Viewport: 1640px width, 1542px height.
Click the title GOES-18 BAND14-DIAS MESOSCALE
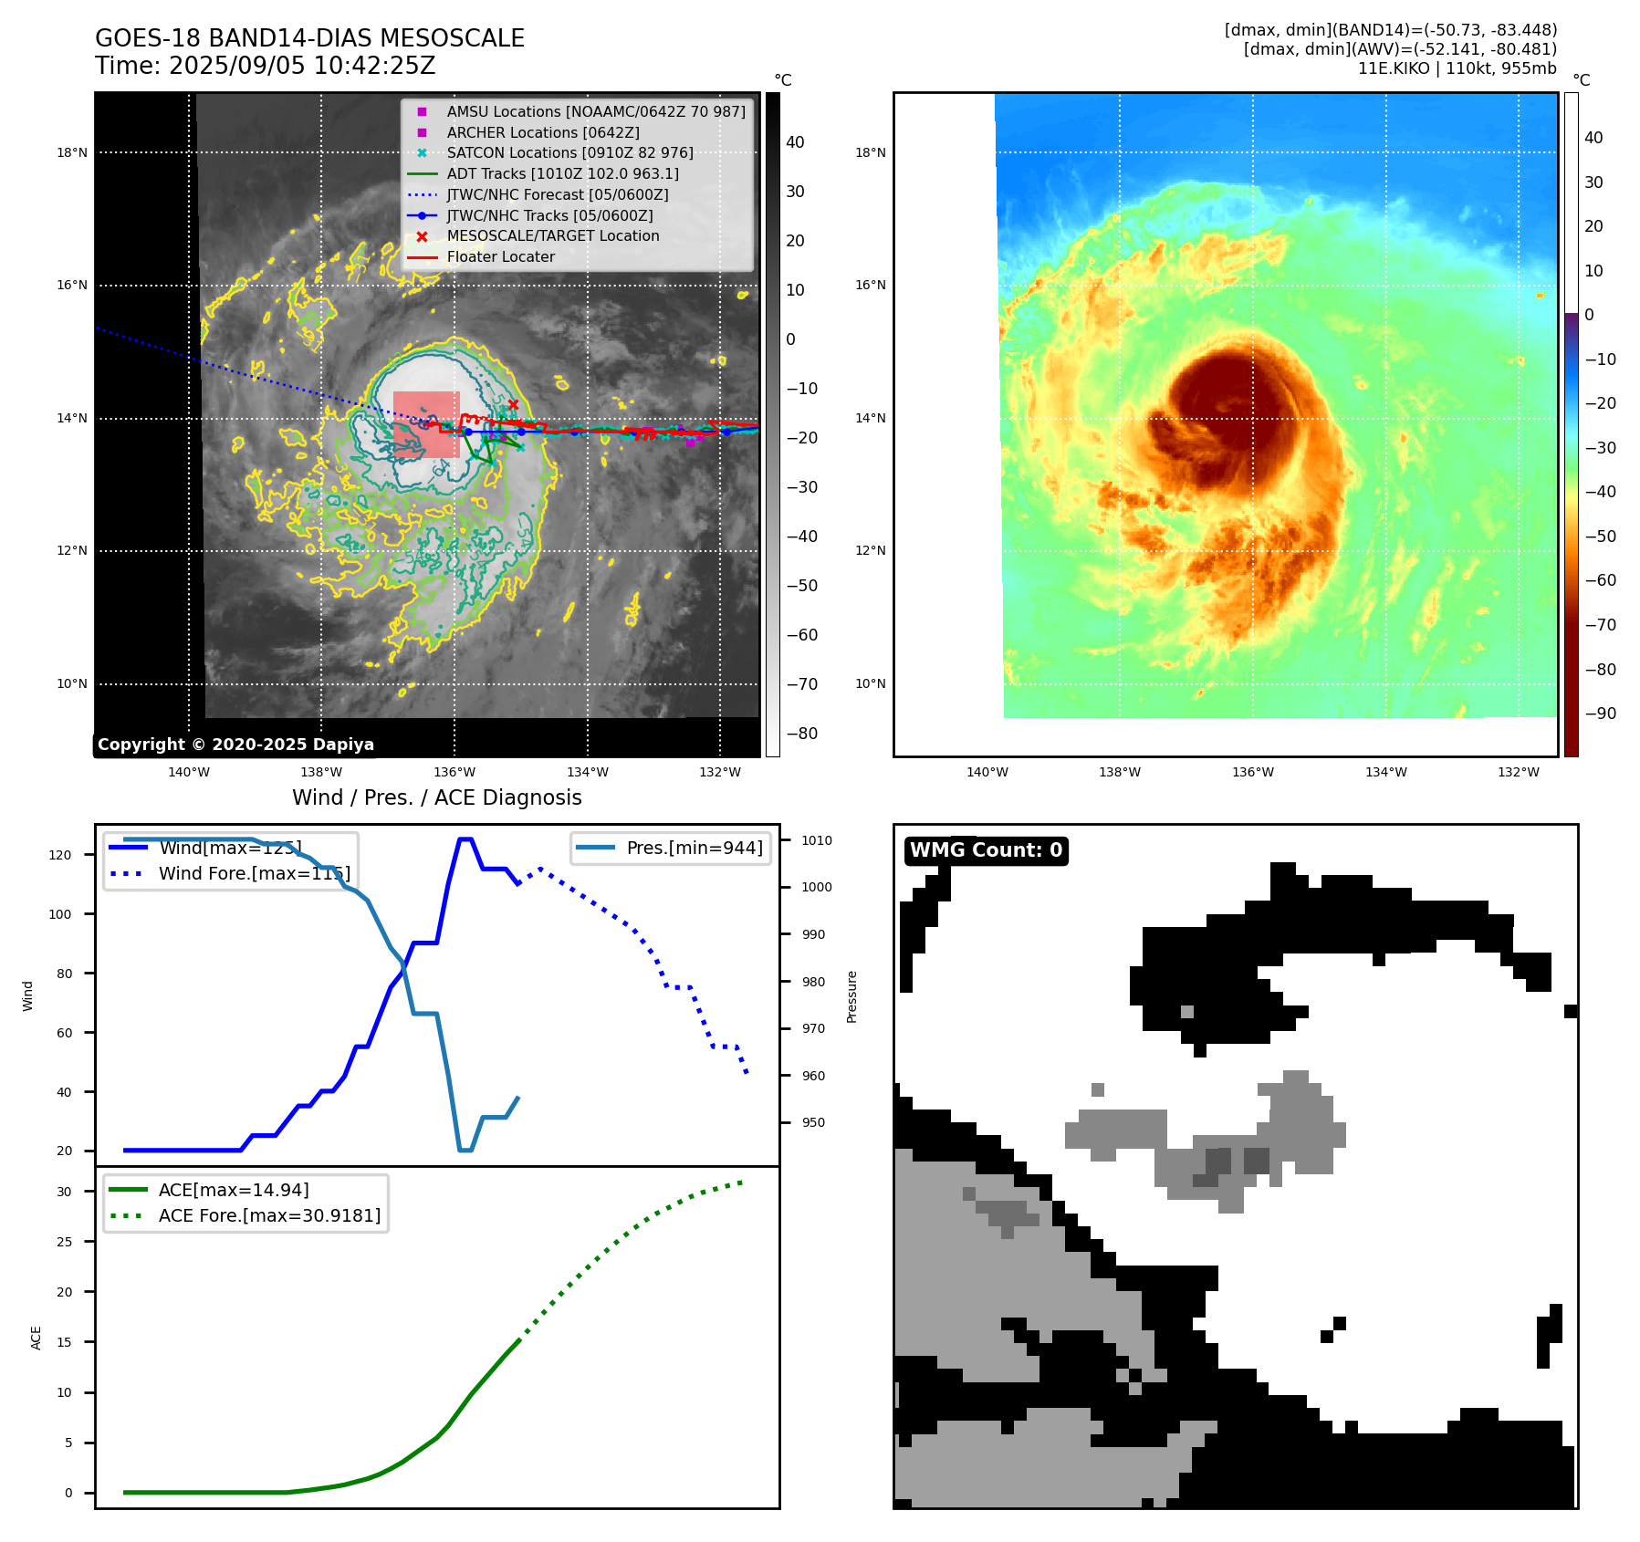click(309, 38)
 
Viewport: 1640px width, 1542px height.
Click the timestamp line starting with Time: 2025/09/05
click(265, 67)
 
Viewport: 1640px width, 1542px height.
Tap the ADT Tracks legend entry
click(562, 173)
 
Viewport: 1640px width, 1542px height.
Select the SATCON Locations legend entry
click(569, 152)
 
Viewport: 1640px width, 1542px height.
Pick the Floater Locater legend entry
click(500, 256)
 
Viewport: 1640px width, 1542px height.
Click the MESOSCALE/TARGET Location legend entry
click(552, 235)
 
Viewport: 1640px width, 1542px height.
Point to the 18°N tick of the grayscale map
click(72, 152)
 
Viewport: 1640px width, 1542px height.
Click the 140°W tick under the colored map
click(987, 772)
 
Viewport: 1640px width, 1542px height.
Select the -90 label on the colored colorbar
click(1600, 714)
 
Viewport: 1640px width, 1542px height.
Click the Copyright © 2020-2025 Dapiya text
click(235, 745)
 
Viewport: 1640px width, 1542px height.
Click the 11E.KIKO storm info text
click(1457, 68)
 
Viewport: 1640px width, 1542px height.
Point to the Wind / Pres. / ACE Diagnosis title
click(436, 797)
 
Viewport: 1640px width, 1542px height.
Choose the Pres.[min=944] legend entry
click(694, 848)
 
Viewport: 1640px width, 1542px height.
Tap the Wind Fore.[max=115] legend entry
click(254, 873)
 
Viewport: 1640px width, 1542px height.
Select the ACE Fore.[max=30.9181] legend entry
click(269, 1215)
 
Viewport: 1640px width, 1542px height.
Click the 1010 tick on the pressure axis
click(817, 840)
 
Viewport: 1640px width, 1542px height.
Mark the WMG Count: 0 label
click(986, 850)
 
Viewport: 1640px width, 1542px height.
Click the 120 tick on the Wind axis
click(60, 855)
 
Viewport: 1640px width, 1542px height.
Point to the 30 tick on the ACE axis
click(64, 1192)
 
